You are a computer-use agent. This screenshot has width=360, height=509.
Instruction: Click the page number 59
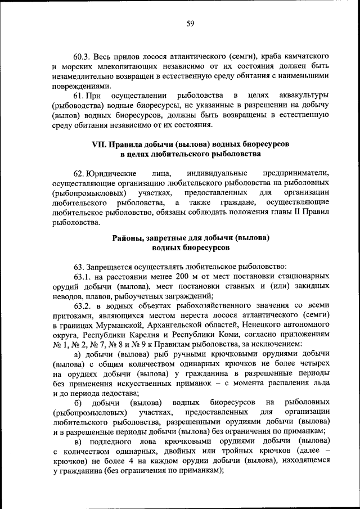point(190,23)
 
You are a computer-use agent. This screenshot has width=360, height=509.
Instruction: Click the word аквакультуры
point(300,96)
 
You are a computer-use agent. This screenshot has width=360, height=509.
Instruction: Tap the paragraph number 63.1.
point(83,276)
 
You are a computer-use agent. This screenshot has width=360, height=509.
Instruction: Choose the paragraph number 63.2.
point(83,306)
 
